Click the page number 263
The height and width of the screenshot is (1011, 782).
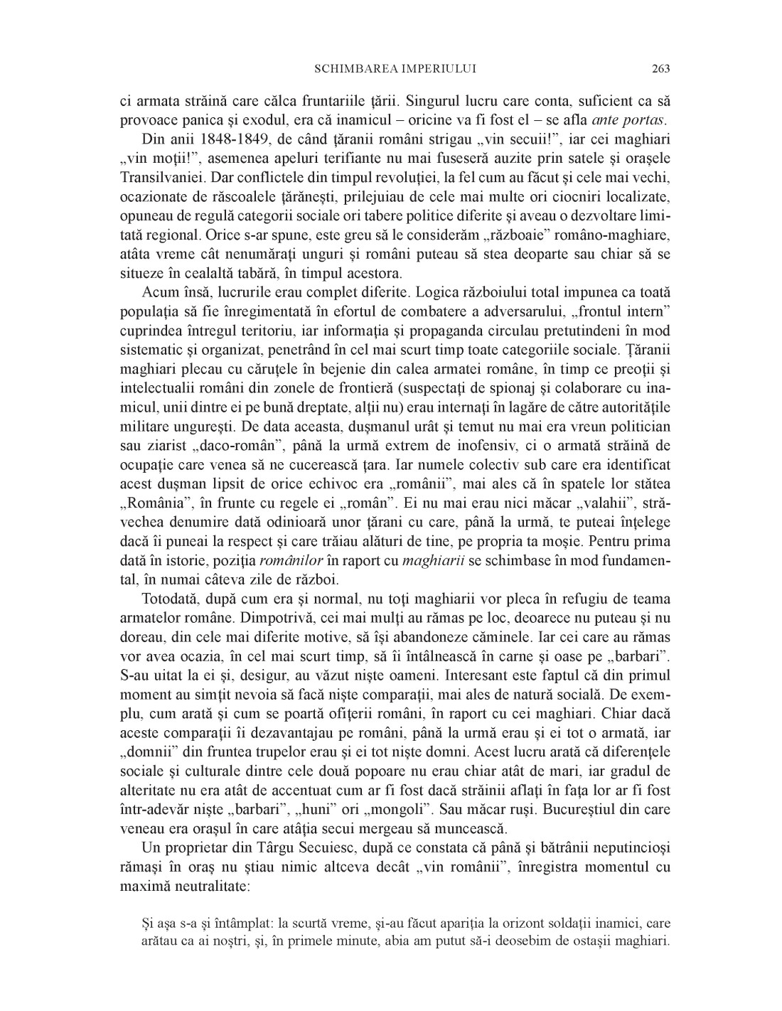pos(660,69)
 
